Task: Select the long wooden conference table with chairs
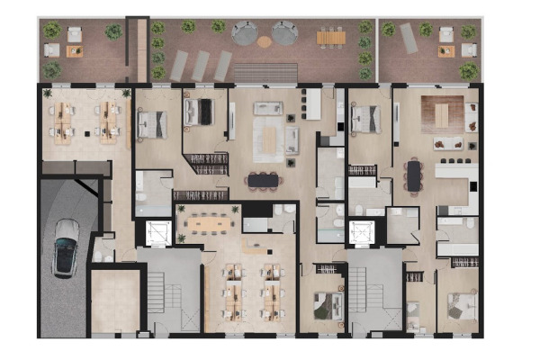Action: tap(208, 218)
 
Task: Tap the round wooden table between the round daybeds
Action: tap(264, 40)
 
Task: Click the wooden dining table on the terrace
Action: tap(330, 38)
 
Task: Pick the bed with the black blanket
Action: tap(199, 112)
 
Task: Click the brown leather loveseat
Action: tap(445, 143)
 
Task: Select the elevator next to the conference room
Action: tap(158, 232)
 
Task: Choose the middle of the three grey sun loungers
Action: tap(200, 65)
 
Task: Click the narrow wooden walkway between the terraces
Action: tap(138, 49)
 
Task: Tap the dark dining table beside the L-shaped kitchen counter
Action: tap(413, 175)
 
